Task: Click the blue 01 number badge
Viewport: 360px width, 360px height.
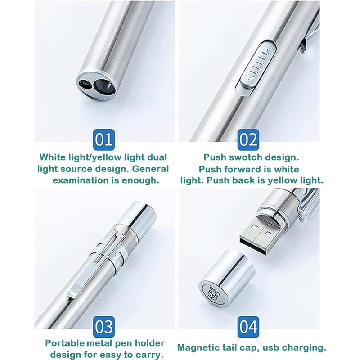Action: point(104,139)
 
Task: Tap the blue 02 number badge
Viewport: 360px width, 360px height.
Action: point(248,139)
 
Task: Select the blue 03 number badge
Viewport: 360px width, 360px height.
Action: point(104,327)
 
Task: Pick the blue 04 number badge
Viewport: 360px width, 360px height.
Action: point(248,327)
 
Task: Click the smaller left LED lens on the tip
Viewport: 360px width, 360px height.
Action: point(85,85)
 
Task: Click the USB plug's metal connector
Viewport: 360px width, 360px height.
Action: point(262,234)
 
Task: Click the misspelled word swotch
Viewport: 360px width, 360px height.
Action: point(246,157)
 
